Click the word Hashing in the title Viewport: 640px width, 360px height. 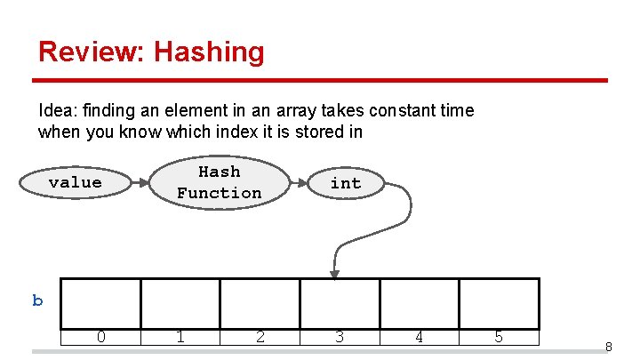[209, 52]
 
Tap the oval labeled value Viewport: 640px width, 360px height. [75, 182]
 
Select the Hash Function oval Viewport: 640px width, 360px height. [219, 182]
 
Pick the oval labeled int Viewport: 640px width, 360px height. [346, 183]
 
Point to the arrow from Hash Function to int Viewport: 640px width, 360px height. [300, 183]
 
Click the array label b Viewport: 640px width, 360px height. [37, 300]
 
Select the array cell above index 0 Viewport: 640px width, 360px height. [101, 303]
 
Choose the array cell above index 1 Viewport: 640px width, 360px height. [180, 303]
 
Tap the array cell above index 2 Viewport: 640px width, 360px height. [260, 303]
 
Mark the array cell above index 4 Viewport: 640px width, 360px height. [419, 303]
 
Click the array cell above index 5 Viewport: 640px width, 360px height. [499, 303]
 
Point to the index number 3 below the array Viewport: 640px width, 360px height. [339, 337]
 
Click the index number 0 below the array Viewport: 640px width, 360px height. [101, 337]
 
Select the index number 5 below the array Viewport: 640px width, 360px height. [499, 337]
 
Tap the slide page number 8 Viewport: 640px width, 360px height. [608, 347]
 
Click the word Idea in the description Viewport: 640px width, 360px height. [56, 111]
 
